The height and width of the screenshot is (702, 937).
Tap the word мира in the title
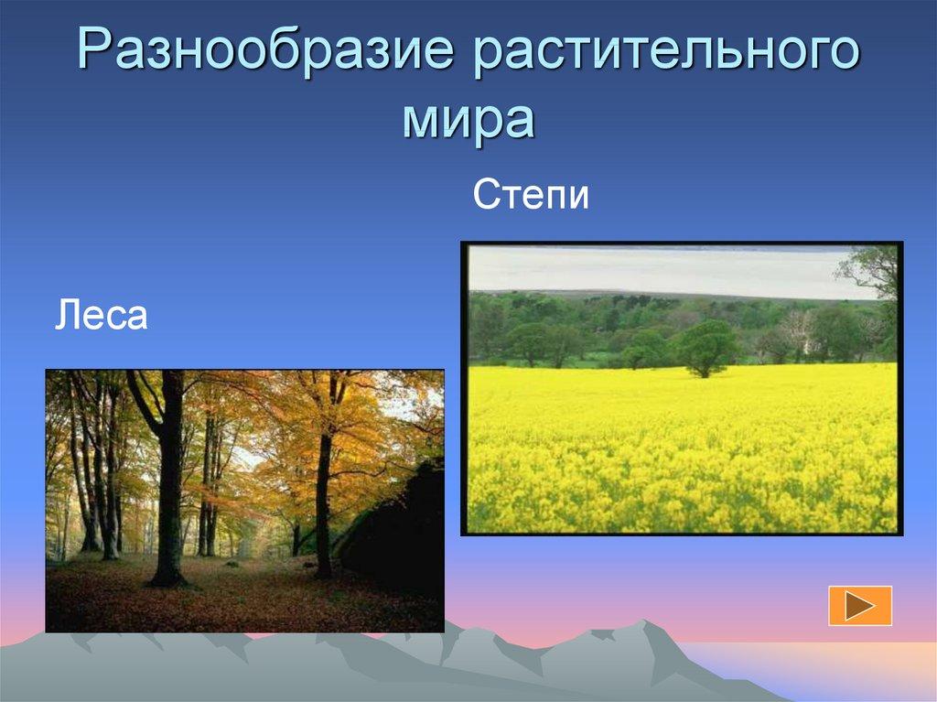coord(467,118)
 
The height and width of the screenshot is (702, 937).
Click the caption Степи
coord(531,196)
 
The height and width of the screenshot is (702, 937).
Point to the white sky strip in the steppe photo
coord(659,270)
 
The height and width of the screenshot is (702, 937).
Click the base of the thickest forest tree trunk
coord(167,578)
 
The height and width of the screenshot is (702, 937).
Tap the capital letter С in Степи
coord(485,196)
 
